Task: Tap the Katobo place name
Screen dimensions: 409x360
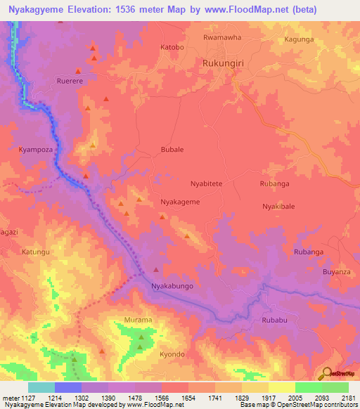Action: coord(172,48)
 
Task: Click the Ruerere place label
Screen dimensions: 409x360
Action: coord(70,81)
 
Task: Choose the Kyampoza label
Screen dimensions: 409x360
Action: coord(35,150)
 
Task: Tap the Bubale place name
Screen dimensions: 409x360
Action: coord(172,150)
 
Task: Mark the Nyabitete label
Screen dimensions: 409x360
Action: coord(207,183)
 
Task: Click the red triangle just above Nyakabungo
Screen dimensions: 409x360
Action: coord(155,269)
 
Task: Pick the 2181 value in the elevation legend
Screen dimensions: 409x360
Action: coord(348,398)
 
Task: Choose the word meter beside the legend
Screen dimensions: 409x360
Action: coord(9,398)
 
